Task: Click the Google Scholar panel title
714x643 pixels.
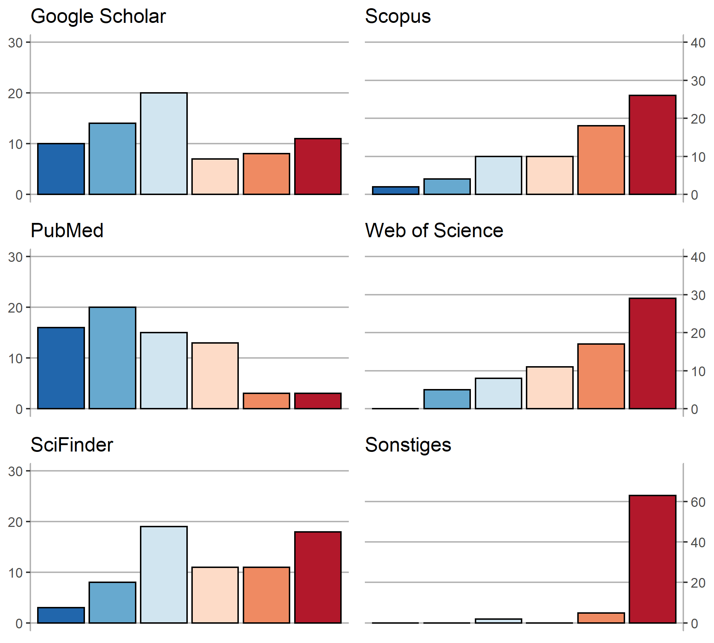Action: (x=98, y=16)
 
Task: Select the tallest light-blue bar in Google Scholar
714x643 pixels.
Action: (x=164, y=144)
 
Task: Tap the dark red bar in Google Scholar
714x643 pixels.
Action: (x=318, y=166)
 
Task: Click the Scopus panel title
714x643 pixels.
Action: (x=398, y=16)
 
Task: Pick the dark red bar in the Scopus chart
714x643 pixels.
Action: (x=652, y=145)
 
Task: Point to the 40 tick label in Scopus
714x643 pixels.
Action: (x=698, y=43)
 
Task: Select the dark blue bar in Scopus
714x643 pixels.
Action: (x=396, y=191)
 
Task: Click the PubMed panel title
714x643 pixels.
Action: (x=67, y=230)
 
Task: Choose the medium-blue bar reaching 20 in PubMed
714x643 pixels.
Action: (x=112, y=358)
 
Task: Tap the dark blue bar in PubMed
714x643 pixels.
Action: (x=61, y=368)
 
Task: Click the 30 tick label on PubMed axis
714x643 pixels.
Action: (x=15, y=257)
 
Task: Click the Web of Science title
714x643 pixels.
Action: (x=434, y=230)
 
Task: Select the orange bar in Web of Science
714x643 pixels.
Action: (x=601, y=377)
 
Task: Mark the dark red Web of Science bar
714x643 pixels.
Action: (x=652, y=354)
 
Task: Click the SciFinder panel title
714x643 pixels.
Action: (x=72, y=445)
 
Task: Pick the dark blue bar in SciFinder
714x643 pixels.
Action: (x=61, y=615)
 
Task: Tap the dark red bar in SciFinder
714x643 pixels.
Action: (x=318, y=577)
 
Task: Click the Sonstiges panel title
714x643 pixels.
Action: (x=408, y=445)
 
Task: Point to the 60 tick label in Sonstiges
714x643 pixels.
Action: (x=698, y=502)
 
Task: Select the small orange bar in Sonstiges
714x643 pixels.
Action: (x=601, y=618)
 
